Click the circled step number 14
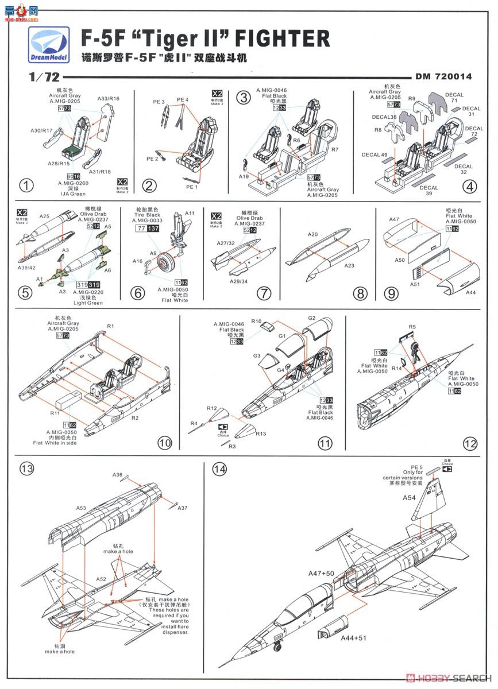coord(219,469)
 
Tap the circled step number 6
coord(138,293)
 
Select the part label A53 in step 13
coord(81,508)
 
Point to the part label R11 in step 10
coord(55,413)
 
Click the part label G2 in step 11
coord(312,318)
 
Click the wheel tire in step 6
coord(164,266)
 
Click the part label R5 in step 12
coord(412,327)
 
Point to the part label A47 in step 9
coord(394,219)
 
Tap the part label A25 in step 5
coord(44,216)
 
